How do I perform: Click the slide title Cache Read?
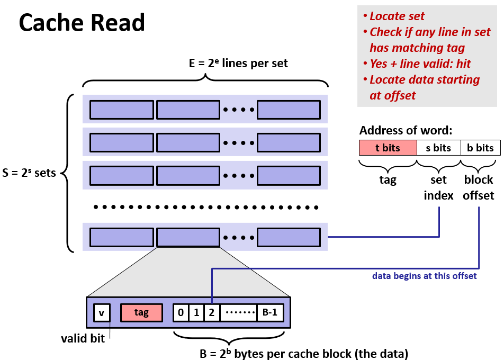tap(82, 22)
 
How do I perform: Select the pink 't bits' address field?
tap(388, 148)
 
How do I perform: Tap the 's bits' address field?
tap(438, 148)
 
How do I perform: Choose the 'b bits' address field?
tap(480, 148)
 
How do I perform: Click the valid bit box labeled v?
tap(101, 312)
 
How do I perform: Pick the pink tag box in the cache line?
tap(141, 312)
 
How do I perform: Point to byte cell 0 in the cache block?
tap(181, 312)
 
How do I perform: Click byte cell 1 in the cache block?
tap(196, 312)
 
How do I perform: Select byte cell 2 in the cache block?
tap(211, 312)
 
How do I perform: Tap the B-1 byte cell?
tap(270, 312)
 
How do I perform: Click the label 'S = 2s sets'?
tap(29, 173)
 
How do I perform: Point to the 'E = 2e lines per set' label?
tap(238, 64)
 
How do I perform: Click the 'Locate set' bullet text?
tap(397, 16)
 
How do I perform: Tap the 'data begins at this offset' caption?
tap(424, 276)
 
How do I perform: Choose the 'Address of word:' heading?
tap(406, 131)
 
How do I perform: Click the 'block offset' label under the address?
tap(479, 187)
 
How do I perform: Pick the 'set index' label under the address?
tap(439, 187)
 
